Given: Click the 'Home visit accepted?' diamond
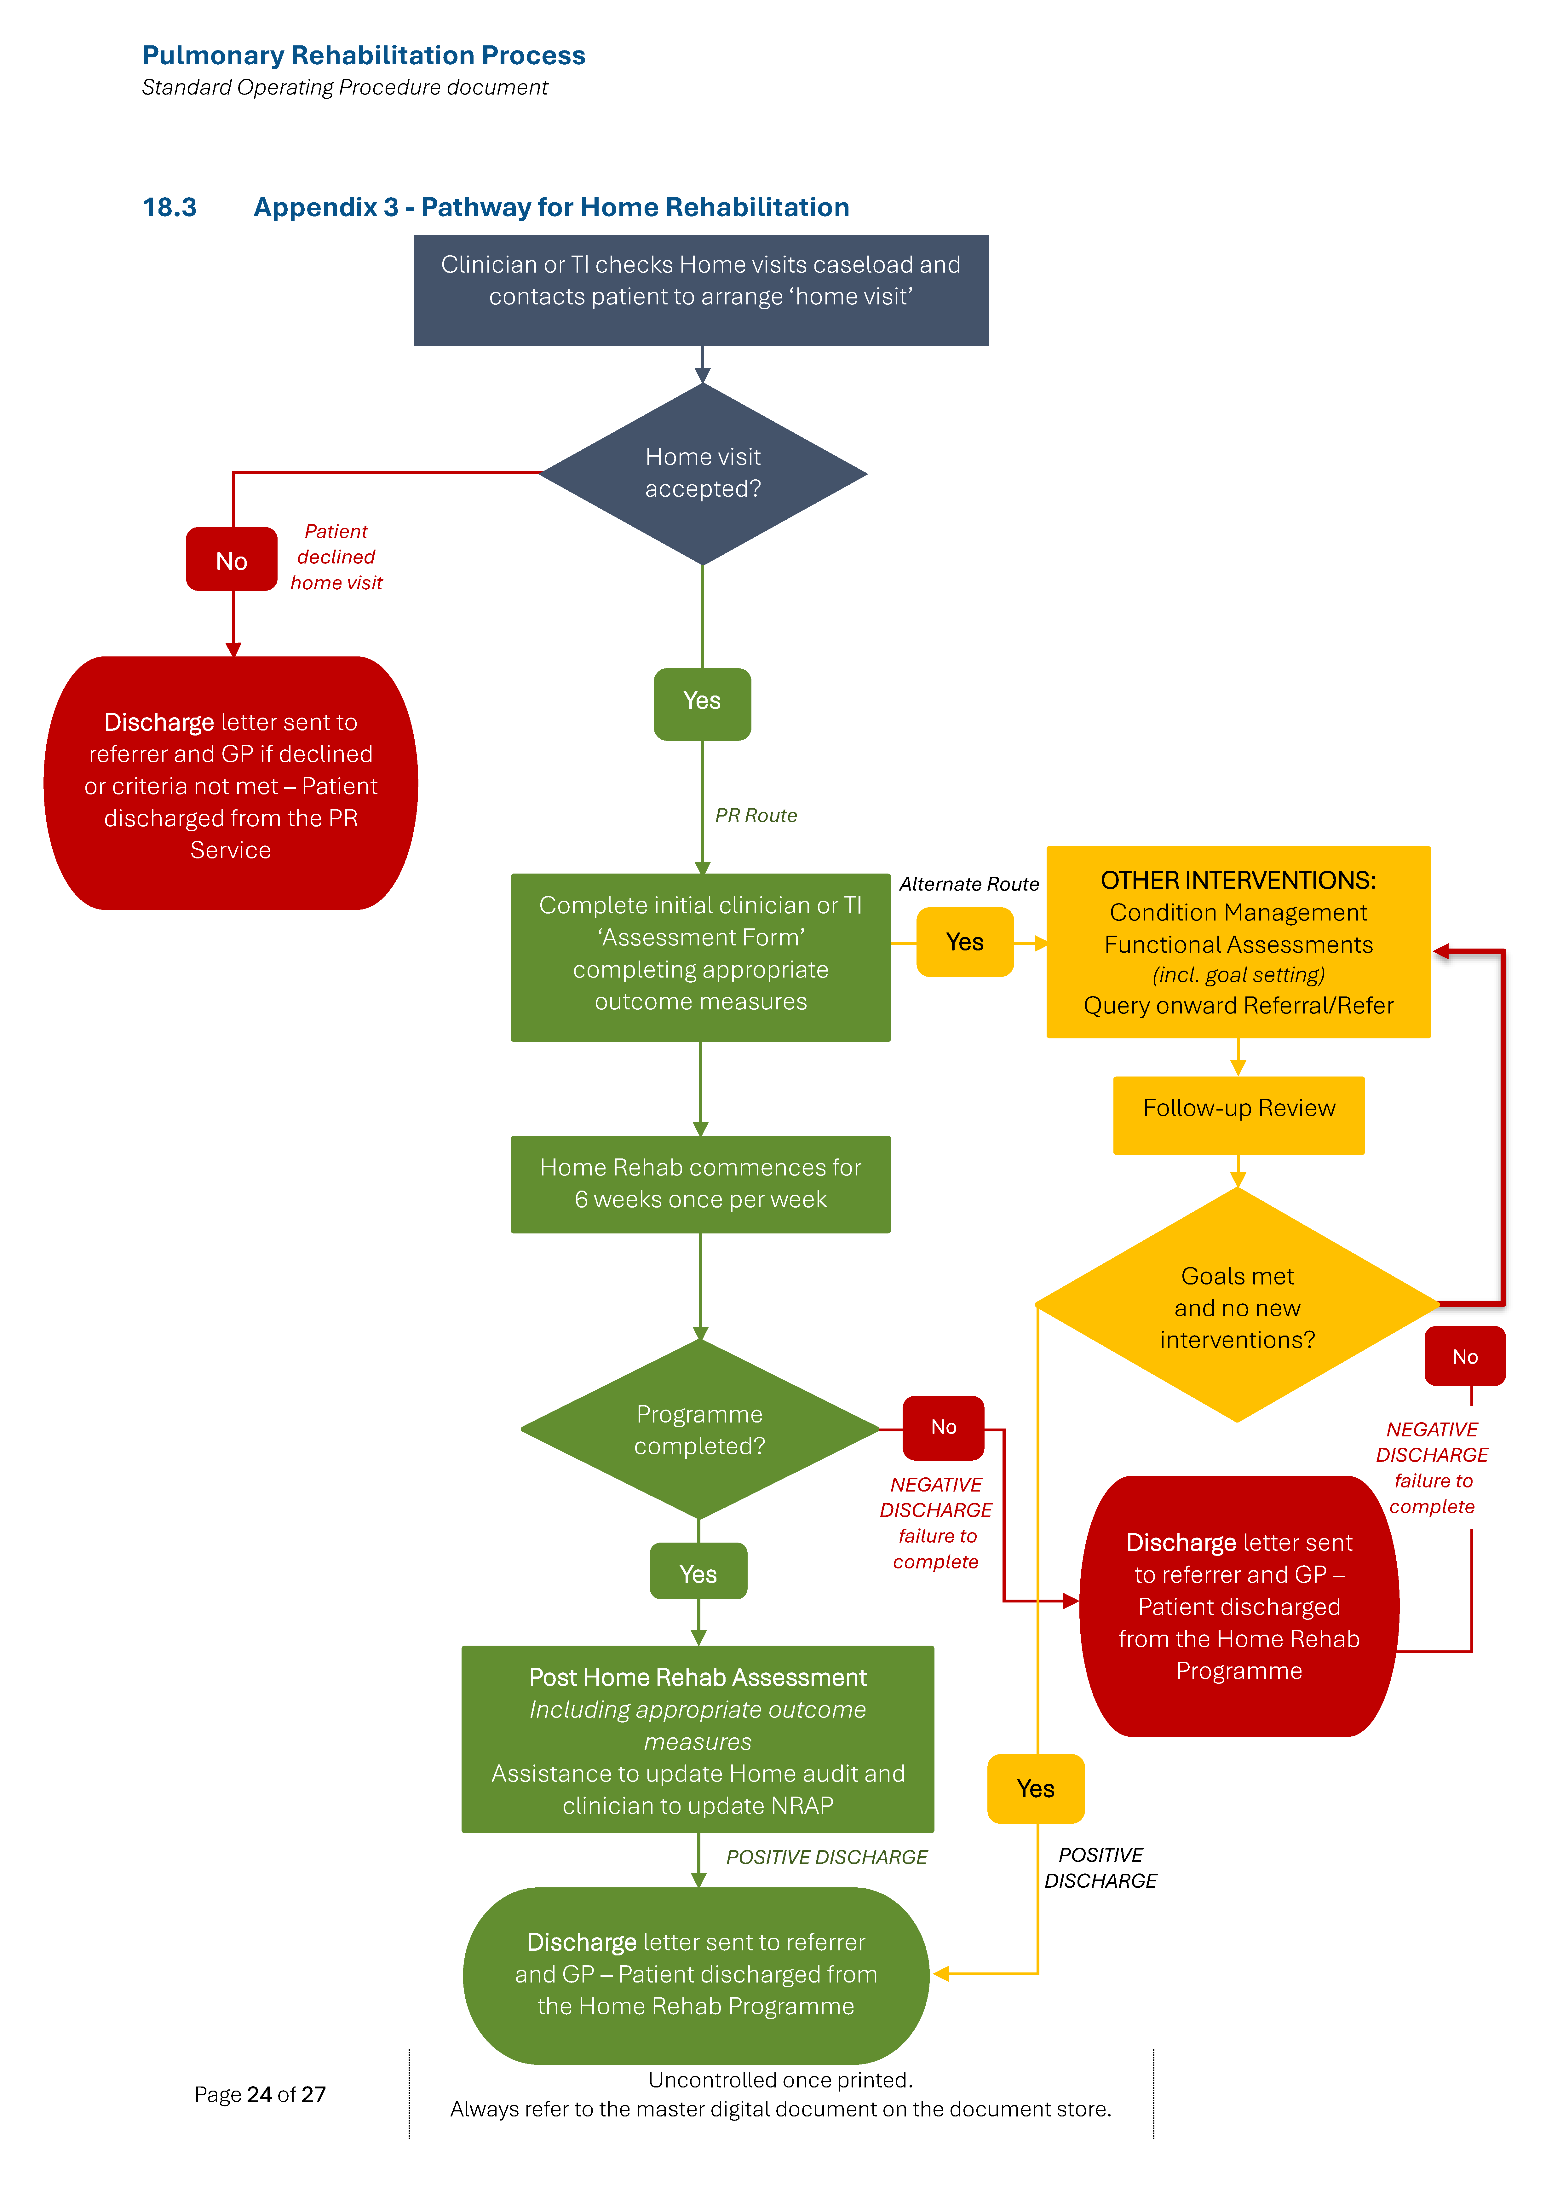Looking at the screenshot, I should click(x=703, y=473).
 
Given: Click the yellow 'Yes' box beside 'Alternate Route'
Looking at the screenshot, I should click(x=964, y=942).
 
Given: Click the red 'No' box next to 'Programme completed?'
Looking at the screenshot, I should click(x=943, y=1427).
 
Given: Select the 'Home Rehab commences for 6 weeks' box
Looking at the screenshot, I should click(x=700, y=1184).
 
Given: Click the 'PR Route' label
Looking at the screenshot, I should click(x=756, y=816).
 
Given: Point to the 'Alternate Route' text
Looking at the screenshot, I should click(x=969, y=884).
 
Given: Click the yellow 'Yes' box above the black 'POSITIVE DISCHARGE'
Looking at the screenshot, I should click(x=1035, y=1788).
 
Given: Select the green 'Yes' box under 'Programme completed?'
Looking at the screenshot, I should click(x=698, y=1573).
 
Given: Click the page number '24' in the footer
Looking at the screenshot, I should click(x=259, y=2094).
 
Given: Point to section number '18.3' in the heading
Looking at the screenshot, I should click(x=170, y=207).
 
